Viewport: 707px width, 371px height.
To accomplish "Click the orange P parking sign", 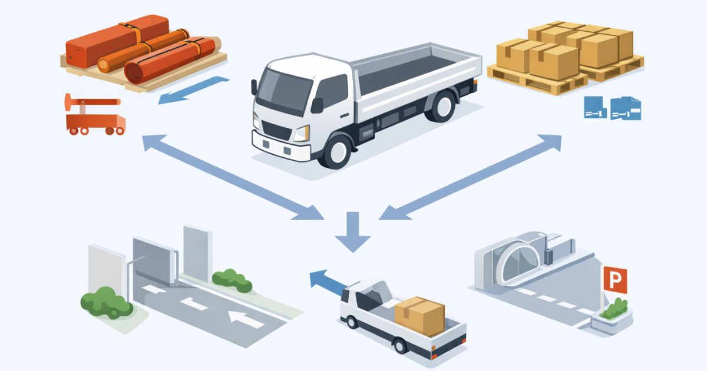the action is (x=615, y=280).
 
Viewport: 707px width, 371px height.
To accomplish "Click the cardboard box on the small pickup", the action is (x=419, y=316).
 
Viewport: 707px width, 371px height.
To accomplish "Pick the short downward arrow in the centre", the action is (x=352, y=232).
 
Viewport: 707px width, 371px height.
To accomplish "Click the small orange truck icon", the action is (x=95, y=125).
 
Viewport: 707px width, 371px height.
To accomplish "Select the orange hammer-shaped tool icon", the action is (x=91, y=103).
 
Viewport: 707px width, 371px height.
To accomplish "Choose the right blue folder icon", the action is (x=626, y=108).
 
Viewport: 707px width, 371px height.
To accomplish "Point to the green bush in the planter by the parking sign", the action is (x=614, y=308).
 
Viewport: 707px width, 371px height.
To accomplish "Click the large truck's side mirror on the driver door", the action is (x=317, y=105).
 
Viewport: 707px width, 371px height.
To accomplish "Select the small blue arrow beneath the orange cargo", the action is (x=193, y=90).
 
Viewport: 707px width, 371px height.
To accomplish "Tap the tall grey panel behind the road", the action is (x=197, y=253).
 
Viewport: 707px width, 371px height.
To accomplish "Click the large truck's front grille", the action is (x=276, y=130).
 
